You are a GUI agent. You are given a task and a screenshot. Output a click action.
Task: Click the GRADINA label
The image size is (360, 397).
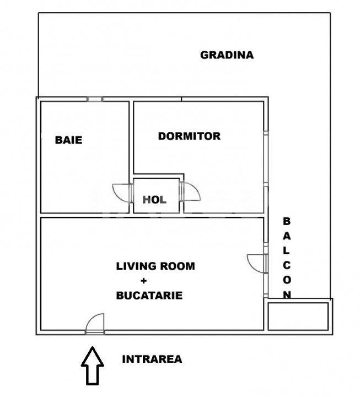click(x=227, y=55)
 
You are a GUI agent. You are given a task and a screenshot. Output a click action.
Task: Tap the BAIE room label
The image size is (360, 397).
click(x=68, y=140)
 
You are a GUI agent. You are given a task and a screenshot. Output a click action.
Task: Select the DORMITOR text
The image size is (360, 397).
click(x=189, y=136)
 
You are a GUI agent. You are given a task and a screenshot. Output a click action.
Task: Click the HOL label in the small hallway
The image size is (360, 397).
click(x=154, y=200)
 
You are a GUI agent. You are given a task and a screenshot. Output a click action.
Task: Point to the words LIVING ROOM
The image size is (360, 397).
click(x=155, y=266)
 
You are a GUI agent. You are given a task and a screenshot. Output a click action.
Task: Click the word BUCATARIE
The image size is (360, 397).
click(x=149, y=296)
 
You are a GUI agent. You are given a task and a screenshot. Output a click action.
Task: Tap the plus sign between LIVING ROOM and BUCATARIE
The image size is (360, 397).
click(x=151, y=281)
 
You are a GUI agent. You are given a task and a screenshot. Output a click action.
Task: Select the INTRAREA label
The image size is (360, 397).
click(x=152, y=359)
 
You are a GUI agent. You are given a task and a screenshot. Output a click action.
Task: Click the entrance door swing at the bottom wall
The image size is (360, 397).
click(x=95, y=323)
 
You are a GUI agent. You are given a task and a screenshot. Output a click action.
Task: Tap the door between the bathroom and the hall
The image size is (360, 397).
click(x=121, y=192)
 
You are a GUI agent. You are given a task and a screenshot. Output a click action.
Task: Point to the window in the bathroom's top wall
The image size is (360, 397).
click(x=94, y=99)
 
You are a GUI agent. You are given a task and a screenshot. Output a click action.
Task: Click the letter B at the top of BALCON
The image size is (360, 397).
click(x=286, y=222)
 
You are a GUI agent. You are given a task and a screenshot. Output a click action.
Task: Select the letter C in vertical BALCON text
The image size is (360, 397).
click(x=286, y=265)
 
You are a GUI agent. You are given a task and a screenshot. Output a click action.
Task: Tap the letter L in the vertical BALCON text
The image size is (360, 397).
click(x=286, y=251)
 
